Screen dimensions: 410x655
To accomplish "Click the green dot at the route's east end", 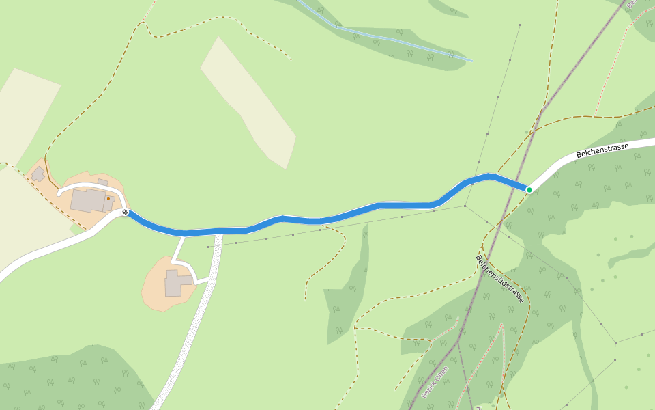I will click(x=529, y=189).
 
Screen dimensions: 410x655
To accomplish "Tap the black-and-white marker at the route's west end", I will click(x=126, y=212).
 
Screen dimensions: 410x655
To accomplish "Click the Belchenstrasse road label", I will click(x=602, y=150).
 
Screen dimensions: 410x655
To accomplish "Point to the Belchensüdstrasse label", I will click(x=501, y=279).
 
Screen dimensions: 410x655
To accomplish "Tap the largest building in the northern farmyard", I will click(x=88, y=201).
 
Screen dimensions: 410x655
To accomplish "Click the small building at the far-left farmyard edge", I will click(x=38, y=174).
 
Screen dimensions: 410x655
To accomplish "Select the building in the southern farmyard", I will click(x=175, y=283).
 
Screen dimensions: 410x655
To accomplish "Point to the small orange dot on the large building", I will click(x=108, y=199).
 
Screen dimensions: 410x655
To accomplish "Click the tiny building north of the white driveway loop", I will click(x=103, y=182).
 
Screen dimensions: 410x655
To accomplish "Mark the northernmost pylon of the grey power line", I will click(x=520, y=25).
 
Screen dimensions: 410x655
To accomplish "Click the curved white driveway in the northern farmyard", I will click(x=92, y=185).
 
